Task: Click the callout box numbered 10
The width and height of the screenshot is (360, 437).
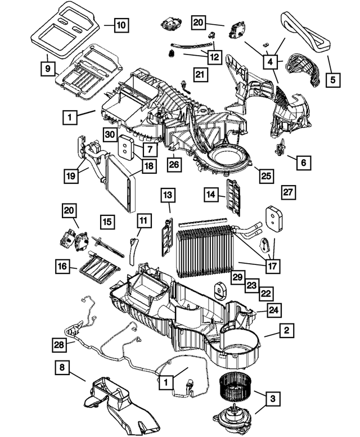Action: [x=121, y=25]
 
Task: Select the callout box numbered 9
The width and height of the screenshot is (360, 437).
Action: [x=48, y=69]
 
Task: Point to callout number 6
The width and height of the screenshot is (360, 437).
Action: [x=303, y=163]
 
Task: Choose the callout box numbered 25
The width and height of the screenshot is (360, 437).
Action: [x=265, y=175]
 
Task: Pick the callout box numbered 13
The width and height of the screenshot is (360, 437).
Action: [x=168, y=195]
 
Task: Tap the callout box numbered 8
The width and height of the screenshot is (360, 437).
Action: [x=62, y=368]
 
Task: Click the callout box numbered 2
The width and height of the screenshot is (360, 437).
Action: [x=286, y=331]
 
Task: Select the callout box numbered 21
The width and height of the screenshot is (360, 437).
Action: [x=200, y=74]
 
